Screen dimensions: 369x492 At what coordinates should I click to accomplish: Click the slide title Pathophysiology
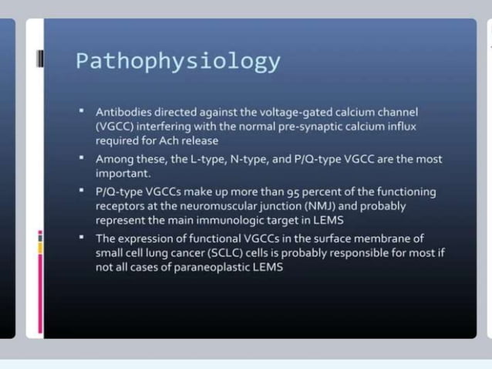point(178,61)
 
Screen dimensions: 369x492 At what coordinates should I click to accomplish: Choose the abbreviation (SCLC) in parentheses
point(216,253)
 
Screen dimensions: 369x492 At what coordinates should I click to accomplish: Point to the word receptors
point(119,206)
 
